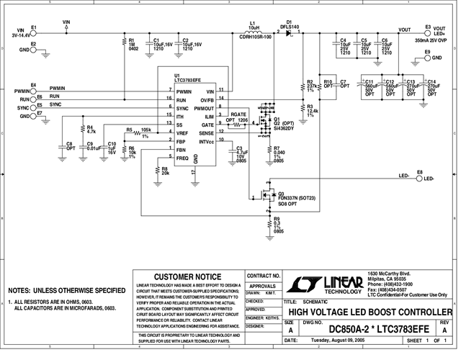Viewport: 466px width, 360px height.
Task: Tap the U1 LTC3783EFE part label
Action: [187, 81]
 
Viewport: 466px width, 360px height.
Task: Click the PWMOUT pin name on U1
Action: [205, 108]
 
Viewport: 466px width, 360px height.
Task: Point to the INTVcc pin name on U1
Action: [205, 141]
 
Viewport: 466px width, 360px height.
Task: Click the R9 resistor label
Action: [277, 222]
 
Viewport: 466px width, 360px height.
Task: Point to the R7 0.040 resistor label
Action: [278, 153]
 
